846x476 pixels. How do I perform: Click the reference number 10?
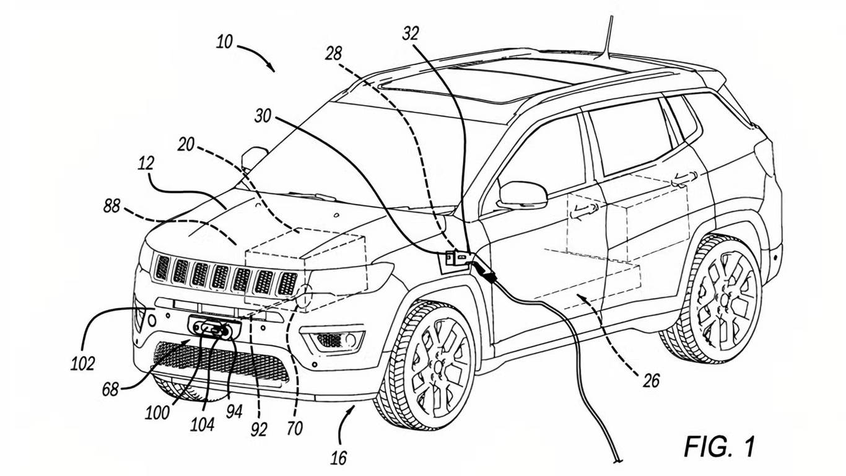(x=224, y=43)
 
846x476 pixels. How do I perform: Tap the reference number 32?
(x=411, y=33)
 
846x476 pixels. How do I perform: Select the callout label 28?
(x=333, y=53)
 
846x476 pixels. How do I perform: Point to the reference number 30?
(x=263, y=116)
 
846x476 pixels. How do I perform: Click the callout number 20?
(x=185, y=145)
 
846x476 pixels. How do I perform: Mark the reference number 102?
(x=82, y=364)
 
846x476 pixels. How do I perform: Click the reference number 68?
(x=111, y=390)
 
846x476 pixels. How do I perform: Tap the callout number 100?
(x=158, y=412)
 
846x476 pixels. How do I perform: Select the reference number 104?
(x=203, y=425)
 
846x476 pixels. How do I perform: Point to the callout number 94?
(x=233, y=412)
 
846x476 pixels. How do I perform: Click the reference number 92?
(x=258, y=429)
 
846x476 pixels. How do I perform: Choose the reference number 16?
(x=338, y=458)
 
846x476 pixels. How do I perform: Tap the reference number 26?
(x=651, y=380)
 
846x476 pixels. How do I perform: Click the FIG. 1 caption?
(x=720, y=446)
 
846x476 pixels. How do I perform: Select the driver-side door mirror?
(x=523, y=195)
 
